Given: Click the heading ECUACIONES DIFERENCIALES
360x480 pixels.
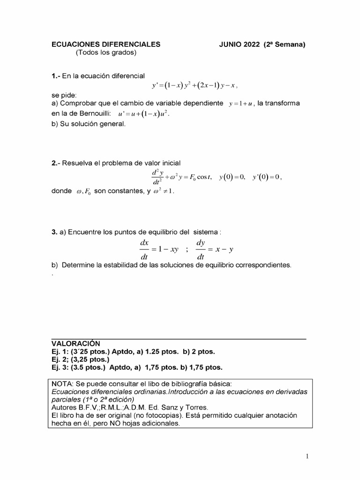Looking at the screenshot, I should [105, 45].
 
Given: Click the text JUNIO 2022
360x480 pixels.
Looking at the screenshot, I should [239, 45].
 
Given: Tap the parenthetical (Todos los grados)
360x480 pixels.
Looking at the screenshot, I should [105, 52].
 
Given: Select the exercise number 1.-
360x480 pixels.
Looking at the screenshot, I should [56, 75].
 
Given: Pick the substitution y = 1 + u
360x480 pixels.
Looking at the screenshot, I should [241, 104].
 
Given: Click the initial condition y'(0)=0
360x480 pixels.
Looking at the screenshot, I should [266, 177].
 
